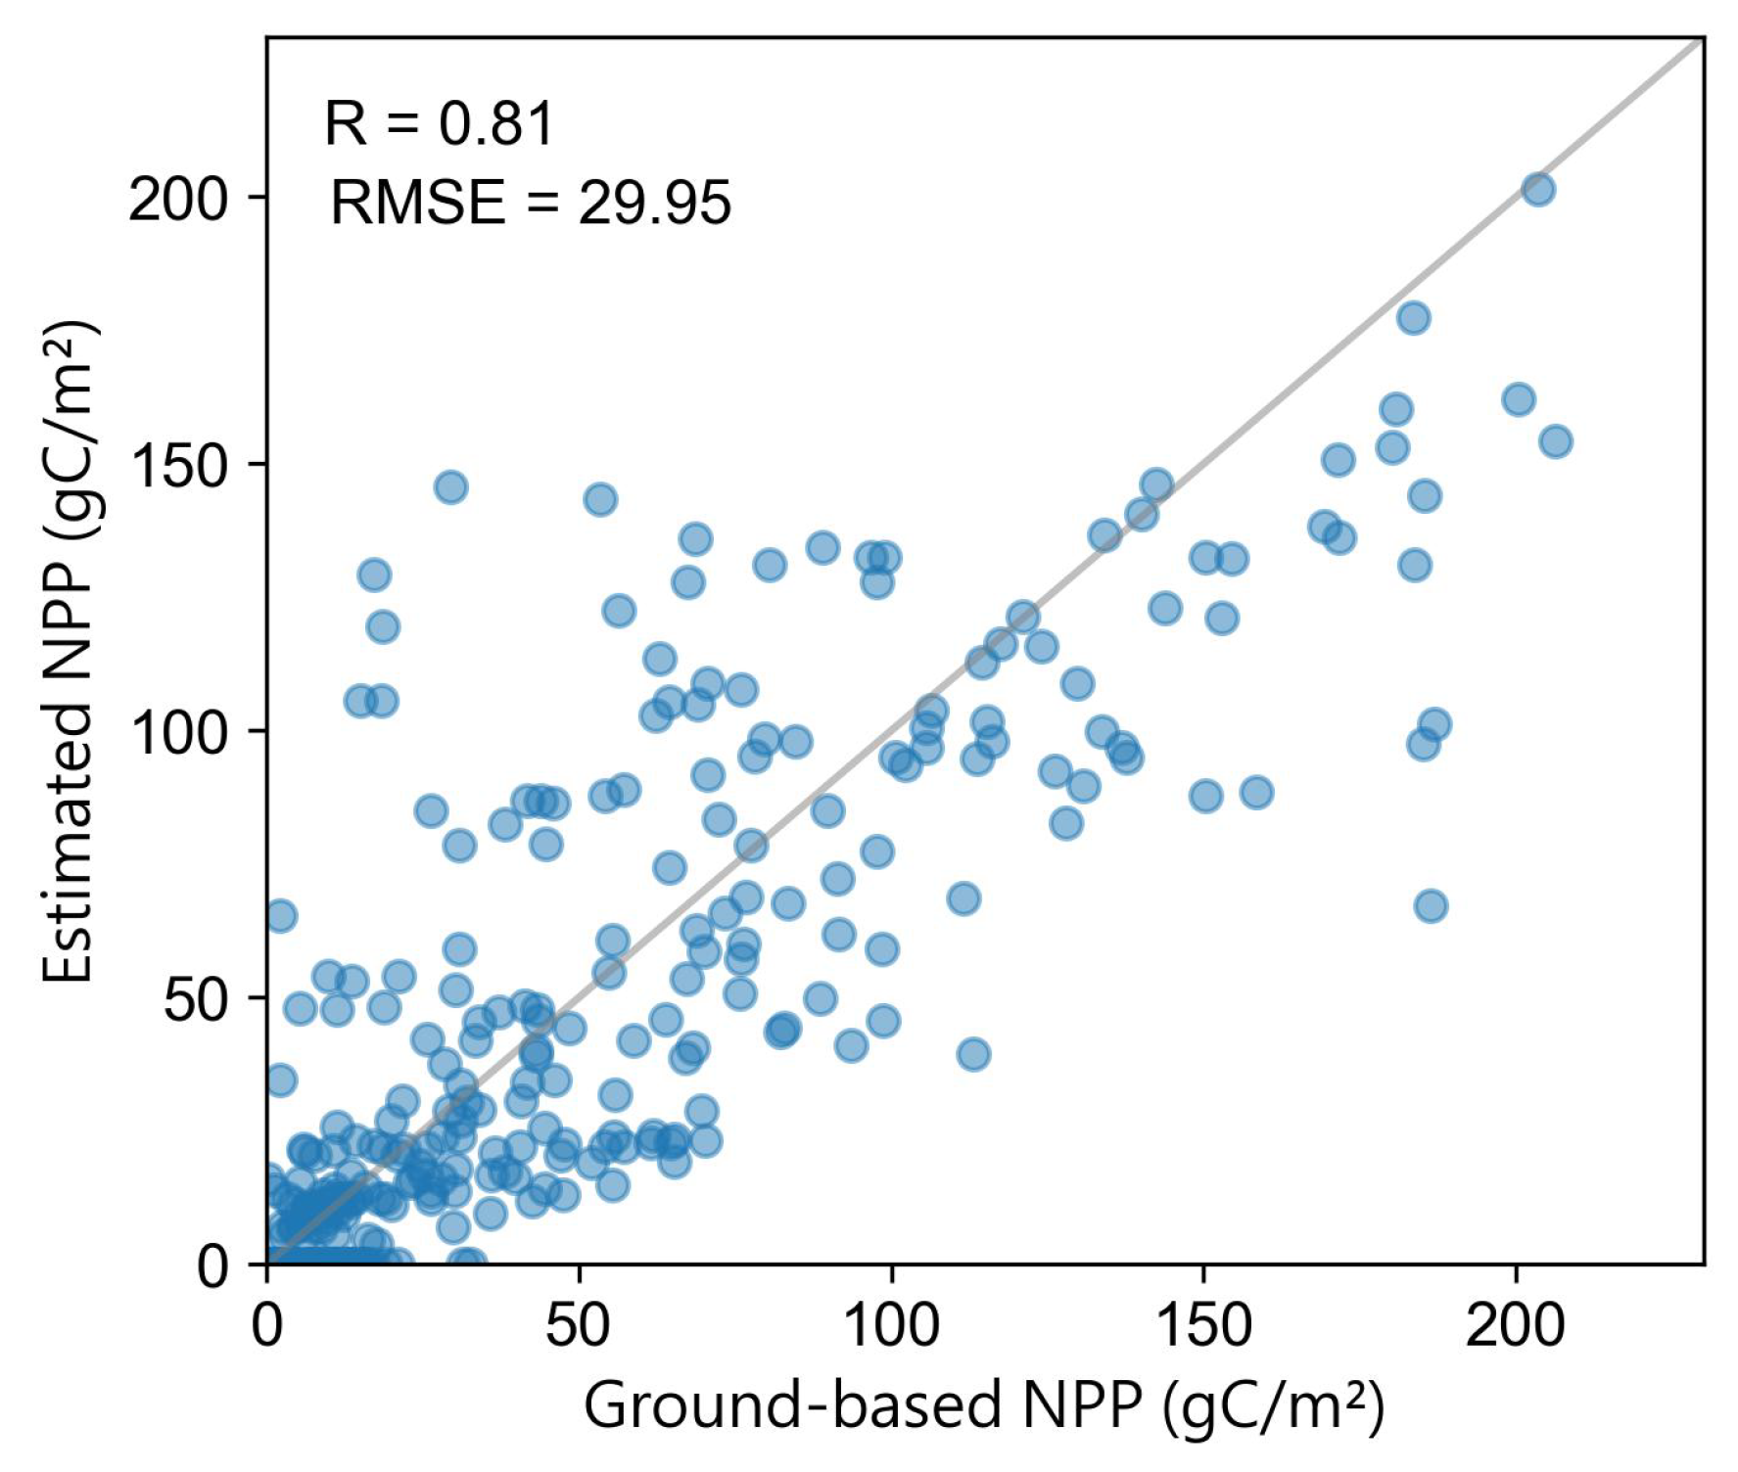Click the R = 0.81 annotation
[x=439, y=124]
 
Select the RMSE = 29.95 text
[x=530, y=204]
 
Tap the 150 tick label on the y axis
[x=178, y=465]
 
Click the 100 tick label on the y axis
[x=178, y=732]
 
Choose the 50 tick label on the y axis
[x=195, y=999]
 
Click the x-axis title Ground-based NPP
[x=983, y=1406]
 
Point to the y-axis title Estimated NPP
[x=70, y=650]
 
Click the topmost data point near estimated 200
[x=1538, y=189]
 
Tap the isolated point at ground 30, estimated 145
[x=450, y=486]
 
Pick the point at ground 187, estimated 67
[x=1431, y=906]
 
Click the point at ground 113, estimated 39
[x=973, y=1054]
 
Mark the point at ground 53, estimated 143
[x=600, y=499]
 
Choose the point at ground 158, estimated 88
[x=1256, y=792]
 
